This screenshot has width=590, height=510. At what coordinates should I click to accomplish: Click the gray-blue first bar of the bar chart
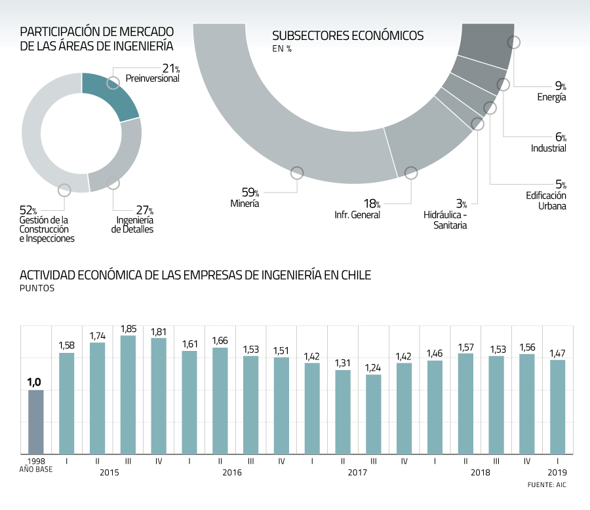[36, 422]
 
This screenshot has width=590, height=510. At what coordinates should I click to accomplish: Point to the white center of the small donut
[81, 133]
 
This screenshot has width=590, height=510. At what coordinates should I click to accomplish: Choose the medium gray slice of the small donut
[118, 164]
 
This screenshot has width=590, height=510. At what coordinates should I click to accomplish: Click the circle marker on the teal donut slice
[113, 82]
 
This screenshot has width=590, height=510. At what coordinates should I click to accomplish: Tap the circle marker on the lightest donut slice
[64, 190]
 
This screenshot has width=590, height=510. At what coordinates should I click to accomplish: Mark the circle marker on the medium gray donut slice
[113, 183]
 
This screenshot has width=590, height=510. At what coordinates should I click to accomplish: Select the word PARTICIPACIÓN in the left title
[60, 31]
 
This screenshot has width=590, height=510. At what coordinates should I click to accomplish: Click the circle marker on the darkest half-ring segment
[514, 42]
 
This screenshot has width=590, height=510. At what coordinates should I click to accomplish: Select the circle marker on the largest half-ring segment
[297, 173]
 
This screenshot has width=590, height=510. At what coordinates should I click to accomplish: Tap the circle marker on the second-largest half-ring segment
[411, 173]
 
